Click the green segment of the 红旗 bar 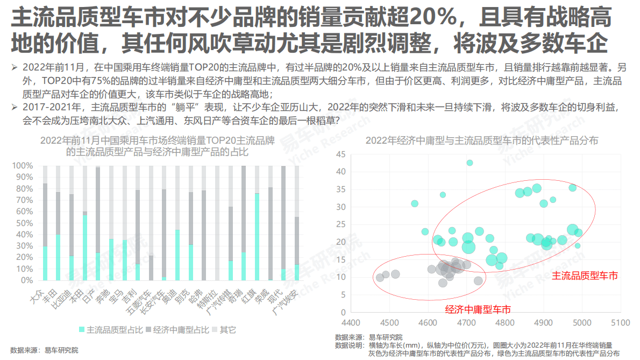click(257, 237)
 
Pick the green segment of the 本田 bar click(85, 248)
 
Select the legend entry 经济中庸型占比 click(177, 329)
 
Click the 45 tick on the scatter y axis click(340, 154)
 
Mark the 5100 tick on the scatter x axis click(621, 323)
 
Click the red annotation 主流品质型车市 click(585, 276)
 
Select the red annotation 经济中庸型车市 click(478, 309)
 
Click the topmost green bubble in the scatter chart click(470, 163)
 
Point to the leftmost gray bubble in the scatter click(380, 278)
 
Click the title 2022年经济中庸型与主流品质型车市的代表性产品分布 click(482, 141)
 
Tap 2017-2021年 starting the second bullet click(47, 106)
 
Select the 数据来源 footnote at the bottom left click(44, 350)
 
